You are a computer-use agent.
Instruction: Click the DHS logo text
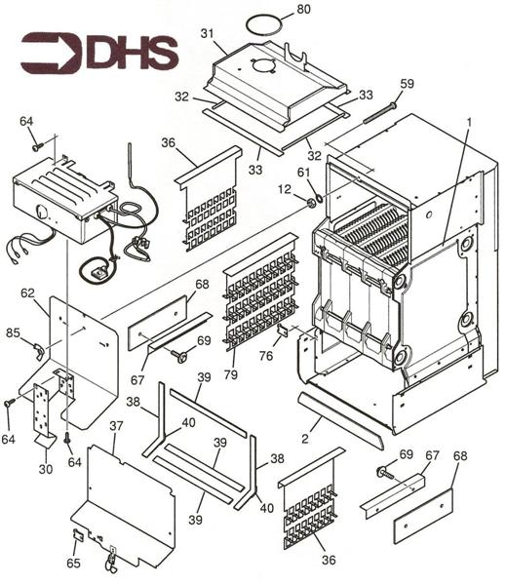coord(131,53)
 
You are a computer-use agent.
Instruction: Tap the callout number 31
coord(207,34)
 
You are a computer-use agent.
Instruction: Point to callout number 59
coord(407,84)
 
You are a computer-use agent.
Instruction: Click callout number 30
coord(45,469)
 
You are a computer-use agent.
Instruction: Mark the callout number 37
coord(116,425)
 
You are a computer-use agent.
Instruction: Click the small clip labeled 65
coord(78,534)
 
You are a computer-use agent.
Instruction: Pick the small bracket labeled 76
coord(283,331)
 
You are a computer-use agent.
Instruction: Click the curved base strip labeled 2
coord(341,414)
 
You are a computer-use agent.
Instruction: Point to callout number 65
coord(74,564)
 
